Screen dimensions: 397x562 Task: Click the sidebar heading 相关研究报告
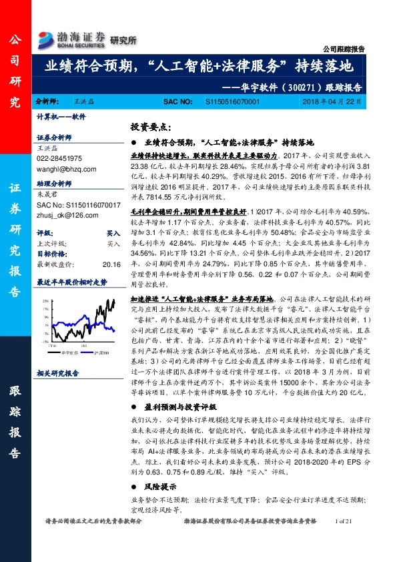[x=57, y=373]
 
